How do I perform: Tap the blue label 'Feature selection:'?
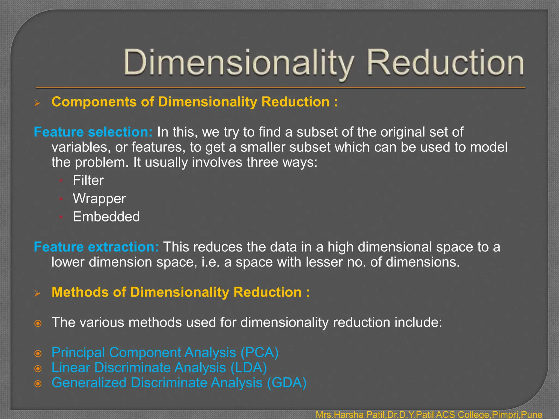[x=93, y=132]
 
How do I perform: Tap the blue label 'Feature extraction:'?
[x=96, y=247]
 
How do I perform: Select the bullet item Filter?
[x=88, y=180]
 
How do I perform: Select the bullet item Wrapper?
[x=99, y=198]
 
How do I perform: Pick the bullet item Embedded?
[x=106, y=217]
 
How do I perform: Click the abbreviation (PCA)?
[x=259, y=352]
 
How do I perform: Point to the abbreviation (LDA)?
[x=249, y=367]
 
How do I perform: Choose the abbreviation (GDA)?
[x=287, y=382]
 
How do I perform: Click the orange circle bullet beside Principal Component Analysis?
[x=38, y=354]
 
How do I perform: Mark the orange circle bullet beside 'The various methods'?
[x=38, y=324]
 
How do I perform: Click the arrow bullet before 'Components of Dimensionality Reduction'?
[x=37, y=103]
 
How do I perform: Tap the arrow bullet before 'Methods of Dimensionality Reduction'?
[x=37, y=294]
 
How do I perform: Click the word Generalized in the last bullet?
[x=89, y=382]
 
